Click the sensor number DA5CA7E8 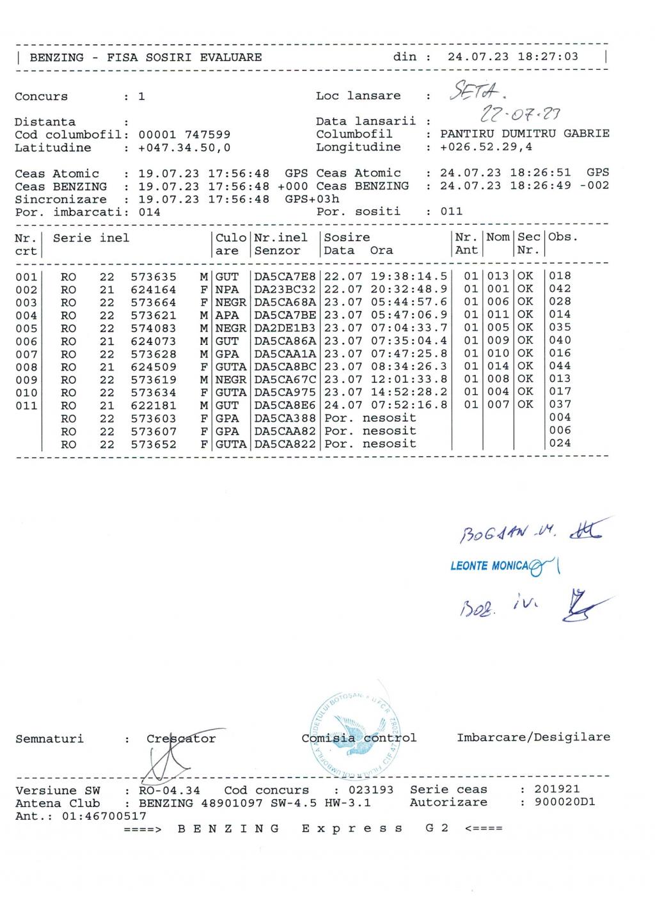point(285,276)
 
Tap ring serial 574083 point(154,328)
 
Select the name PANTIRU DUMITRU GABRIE point(525,134)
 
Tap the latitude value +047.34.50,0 point(184,148)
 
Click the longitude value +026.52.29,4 point(486,147)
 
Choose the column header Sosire point(347,237)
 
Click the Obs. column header point(563,237)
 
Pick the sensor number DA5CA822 point(285,443)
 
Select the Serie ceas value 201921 point(557,789)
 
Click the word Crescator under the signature point(181,738)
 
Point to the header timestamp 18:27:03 point(548,56)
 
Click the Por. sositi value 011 point(451,211)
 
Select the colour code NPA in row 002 point(227,289)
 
